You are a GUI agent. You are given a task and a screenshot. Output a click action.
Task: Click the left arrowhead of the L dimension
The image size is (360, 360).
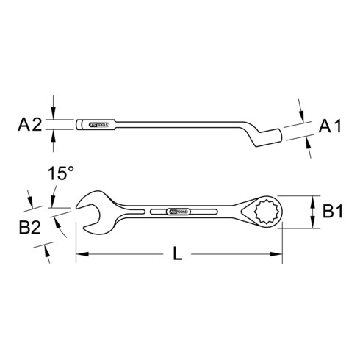pos(79,255)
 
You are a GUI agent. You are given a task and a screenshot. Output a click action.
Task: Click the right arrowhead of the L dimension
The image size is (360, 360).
pos(279,255)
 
